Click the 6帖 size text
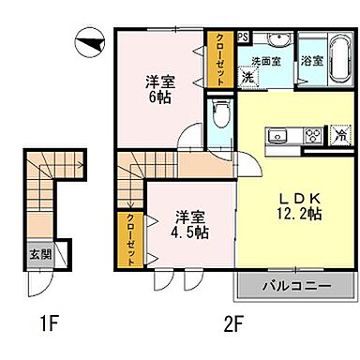point(157,97)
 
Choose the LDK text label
point(297,199)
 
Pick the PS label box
point(242,37)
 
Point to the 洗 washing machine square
point(247,78)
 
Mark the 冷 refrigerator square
point(339,134)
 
